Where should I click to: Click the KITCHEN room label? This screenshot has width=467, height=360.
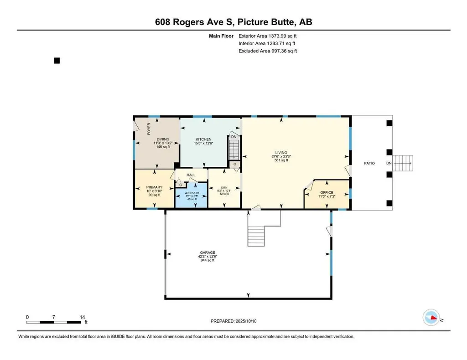(x=203, y=139)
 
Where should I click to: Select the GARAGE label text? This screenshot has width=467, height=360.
(x=210, y=253)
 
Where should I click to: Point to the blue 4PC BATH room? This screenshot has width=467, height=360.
(x=191, y=196)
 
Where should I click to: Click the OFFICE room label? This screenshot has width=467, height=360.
(x=327, y=193)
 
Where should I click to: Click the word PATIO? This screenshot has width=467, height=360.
(x=369, y=163)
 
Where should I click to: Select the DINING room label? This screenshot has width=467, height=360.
(x=163, y=139)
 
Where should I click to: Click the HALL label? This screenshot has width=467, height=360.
(x=191, y=175)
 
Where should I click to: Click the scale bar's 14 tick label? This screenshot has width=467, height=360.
(x=82, y=317)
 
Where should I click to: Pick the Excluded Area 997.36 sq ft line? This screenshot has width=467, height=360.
(x=268, y=51)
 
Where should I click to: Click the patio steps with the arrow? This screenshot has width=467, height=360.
(x=404, y=163)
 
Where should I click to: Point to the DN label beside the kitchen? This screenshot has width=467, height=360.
(x=233, y=137)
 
